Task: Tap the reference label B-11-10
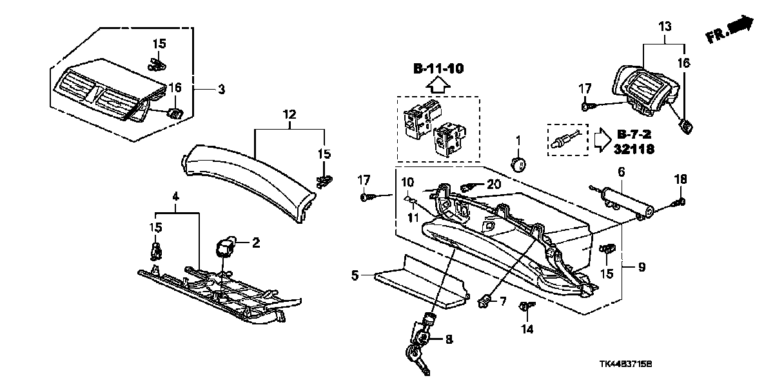[438, 68]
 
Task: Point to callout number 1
[517, 141]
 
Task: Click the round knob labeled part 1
[516, 163]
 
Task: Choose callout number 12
[289, 114]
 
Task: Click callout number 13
[665, 26]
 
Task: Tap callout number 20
[494, 184]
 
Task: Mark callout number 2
[255, 243]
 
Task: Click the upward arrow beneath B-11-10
[438, 84]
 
